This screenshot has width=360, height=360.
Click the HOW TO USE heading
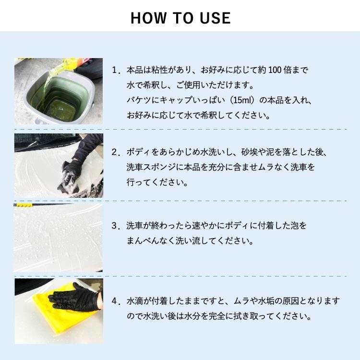tap(180, 18)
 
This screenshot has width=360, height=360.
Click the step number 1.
tap(115, 70)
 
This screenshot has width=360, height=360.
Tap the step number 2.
tap(115, 152)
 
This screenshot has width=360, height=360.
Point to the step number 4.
tap(115, 301)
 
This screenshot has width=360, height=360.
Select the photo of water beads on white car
tap(59, 238)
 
